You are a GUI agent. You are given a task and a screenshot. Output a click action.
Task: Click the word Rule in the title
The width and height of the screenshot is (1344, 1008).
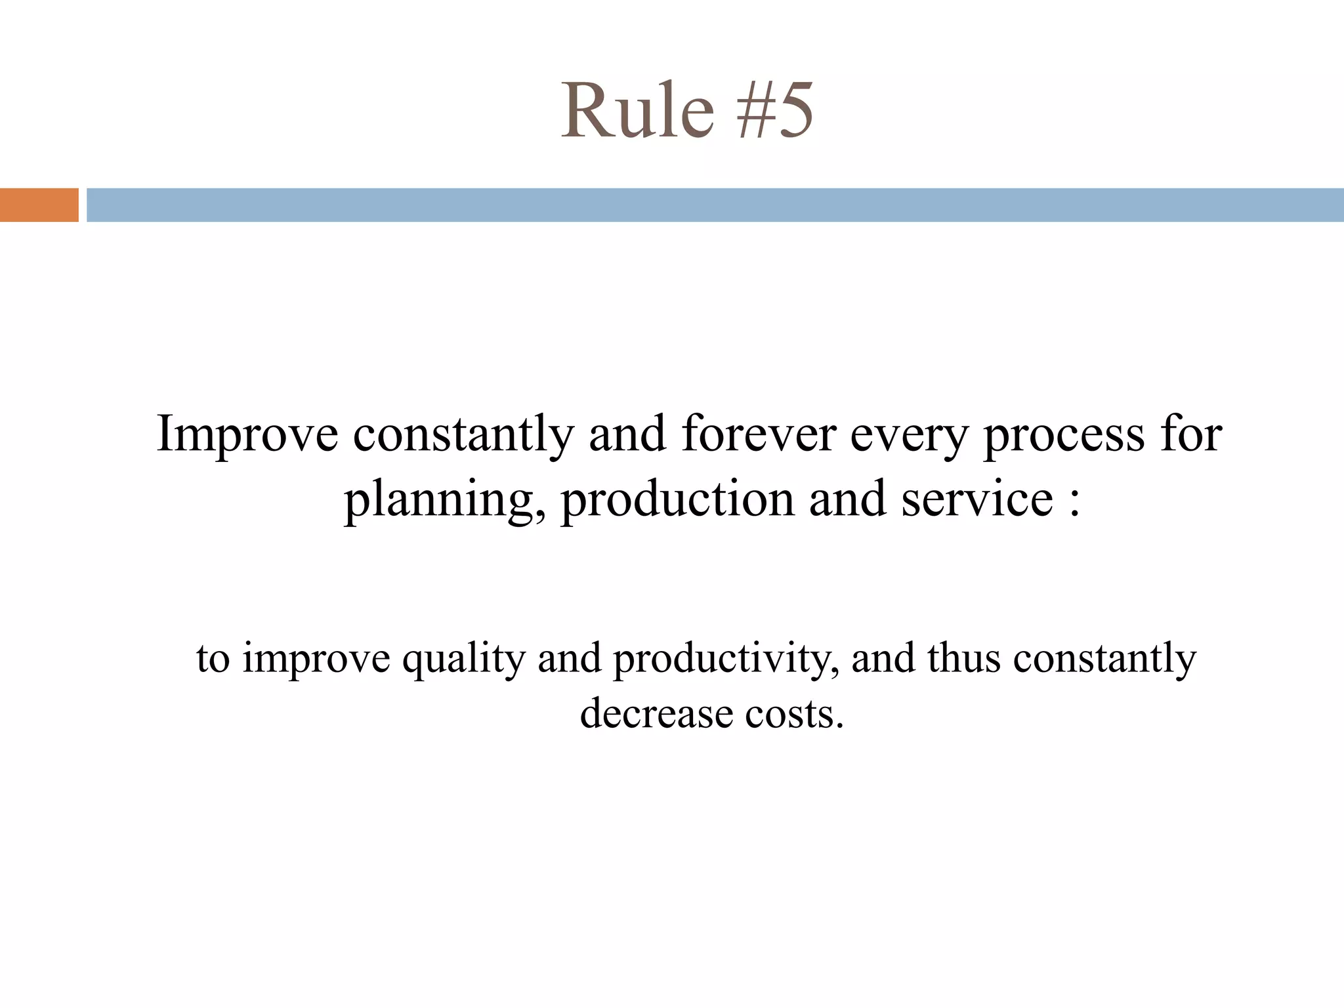coord(637,110)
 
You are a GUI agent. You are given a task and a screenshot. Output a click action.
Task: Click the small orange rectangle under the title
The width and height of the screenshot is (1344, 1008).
coord(39,205)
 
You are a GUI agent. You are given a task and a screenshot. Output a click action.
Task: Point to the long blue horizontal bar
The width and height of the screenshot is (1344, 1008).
coord(715,205)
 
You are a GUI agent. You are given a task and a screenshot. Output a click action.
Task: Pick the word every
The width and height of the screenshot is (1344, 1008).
coord(909,434)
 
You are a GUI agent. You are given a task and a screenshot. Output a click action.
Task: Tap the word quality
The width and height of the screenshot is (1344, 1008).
coord(463,658)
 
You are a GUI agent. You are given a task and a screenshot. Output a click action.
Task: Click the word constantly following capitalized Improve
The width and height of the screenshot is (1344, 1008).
coord(463,434)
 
